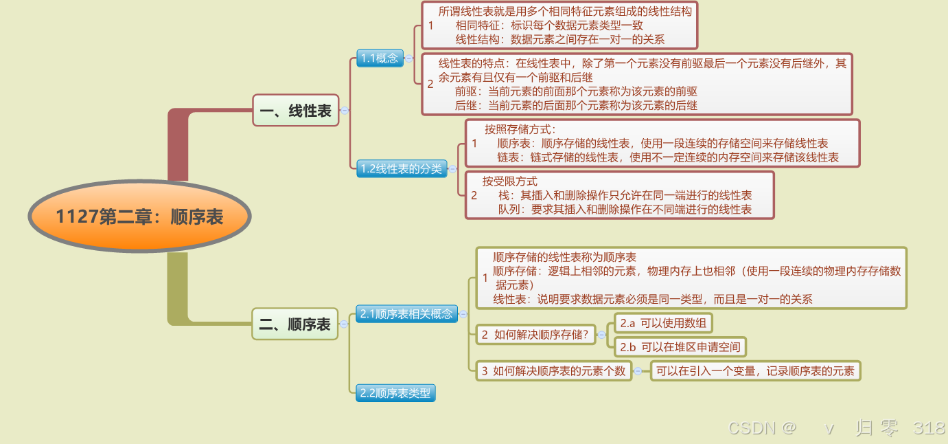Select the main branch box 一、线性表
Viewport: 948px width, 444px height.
pos(296,110)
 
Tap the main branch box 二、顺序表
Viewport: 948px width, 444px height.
pos(295,324)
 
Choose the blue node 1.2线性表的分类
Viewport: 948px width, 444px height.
pos(402,168)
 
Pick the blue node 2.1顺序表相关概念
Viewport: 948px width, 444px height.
pos(406,314)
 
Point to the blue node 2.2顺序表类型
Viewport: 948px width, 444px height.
pos(395,393)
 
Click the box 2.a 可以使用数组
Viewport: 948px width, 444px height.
pos(662,323)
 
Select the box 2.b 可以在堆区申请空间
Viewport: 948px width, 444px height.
pos(679,347)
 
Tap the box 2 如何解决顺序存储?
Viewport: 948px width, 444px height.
pos(535,335)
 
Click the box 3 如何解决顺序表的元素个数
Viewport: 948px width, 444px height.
pos(553,371)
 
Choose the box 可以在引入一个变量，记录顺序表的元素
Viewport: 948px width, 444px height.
pos(754,371)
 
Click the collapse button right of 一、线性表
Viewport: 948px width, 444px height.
pos(345,110)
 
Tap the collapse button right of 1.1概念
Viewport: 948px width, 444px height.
pos(408,58)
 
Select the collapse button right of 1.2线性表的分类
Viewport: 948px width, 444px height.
pos(453,168)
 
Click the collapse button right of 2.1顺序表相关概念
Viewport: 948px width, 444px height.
pos(464,314)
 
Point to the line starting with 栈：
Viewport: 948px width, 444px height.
pos(625,195)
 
